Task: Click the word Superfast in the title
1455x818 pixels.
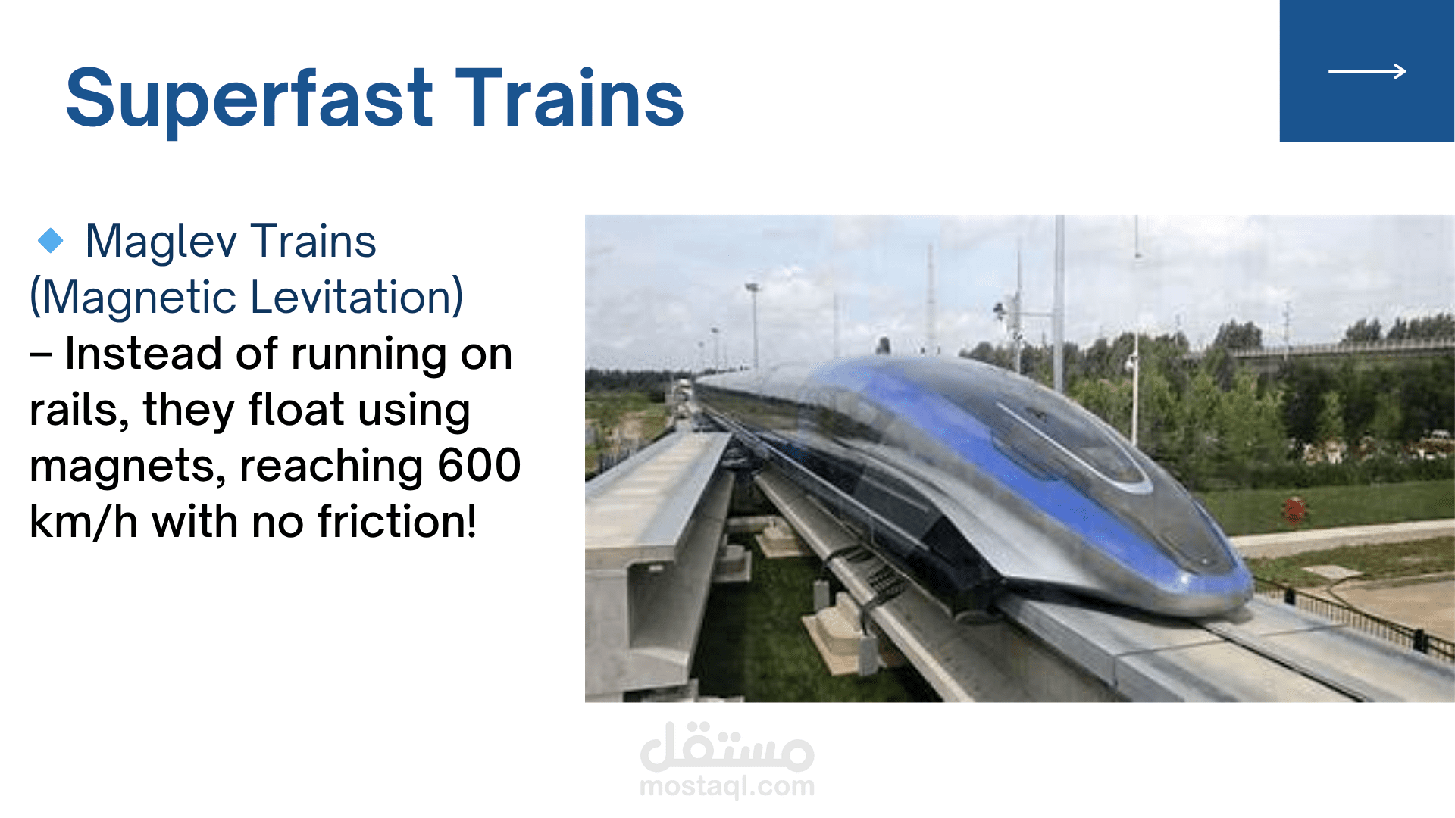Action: [249, 98]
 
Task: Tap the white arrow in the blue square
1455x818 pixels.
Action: [1367, 71]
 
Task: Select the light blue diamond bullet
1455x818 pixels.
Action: [51, 240]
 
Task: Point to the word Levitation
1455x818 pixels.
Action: [356, 297]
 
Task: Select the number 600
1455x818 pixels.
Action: [479, 464]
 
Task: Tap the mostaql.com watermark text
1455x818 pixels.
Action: [727, 787]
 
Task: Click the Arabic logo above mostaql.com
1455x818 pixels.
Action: [727, 746]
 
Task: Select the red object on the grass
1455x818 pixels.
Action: [1294, 508]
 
